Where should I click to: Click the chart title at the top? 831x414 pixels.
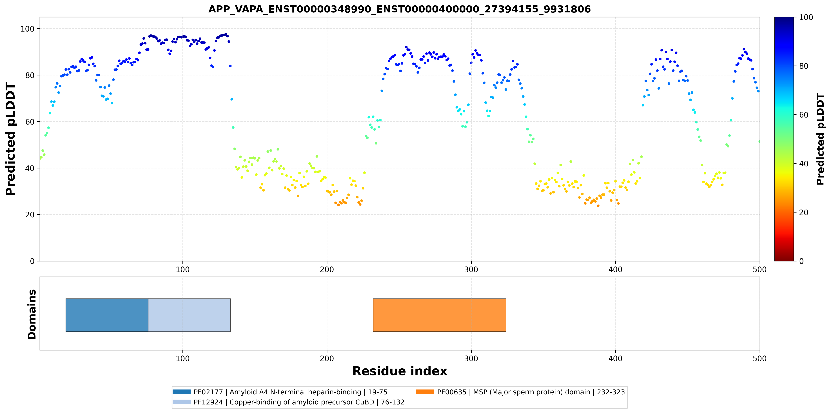point(399,9)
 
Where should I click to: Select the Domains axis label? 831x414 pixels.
point(32,314)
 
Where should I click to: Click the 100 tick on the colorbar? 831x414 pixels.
point(806,17)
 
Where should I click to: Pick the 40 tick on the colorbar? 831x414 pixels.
point(803,164)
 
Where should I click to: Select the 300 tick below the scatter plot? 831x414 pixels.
point(471,269)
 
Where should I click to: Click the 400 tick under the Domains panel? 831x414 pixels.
point(615,358)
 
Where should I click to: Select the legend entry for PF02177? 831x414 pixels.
point(280,392)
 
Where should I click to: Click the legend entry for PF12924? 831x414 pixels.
point(288,402)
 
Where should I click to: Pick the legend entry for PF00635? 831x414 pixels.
point(520,392)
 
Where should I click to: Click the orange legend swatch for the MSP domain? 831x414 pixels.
point(425,392)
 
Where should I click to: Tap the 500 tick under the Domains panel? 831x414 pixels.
point(759,358)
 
